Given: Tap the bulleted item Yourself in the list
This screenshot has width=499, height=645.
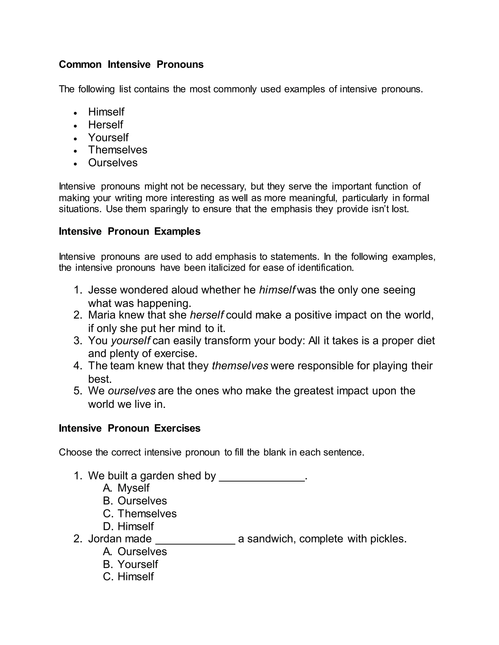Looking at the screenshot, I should coord(108,137).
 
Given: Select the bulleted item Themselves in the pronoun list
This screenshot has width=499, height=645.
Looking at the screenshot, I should coord(117,150).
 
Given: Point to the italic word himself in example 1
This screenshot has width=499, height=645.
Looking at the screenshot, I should coord(277,290).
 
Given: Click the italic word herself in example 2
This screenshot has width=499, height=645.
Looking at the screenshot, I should coord(207,315).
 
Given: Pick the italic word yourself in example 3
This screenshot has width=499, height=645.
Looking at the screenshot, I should coord(131,341).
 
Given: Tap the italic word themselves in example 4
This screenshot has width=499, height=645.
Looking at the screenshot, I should coord(240,366).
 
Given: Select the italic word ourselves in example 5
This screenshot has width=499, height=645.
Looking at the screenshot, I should coord(132,391).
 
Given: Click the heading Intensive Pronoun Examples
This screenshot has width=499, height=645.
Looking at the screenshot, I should coord(129,231).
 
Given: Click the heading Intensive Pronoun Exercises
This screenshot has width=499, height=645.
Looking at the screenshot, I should coord(129,428).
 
